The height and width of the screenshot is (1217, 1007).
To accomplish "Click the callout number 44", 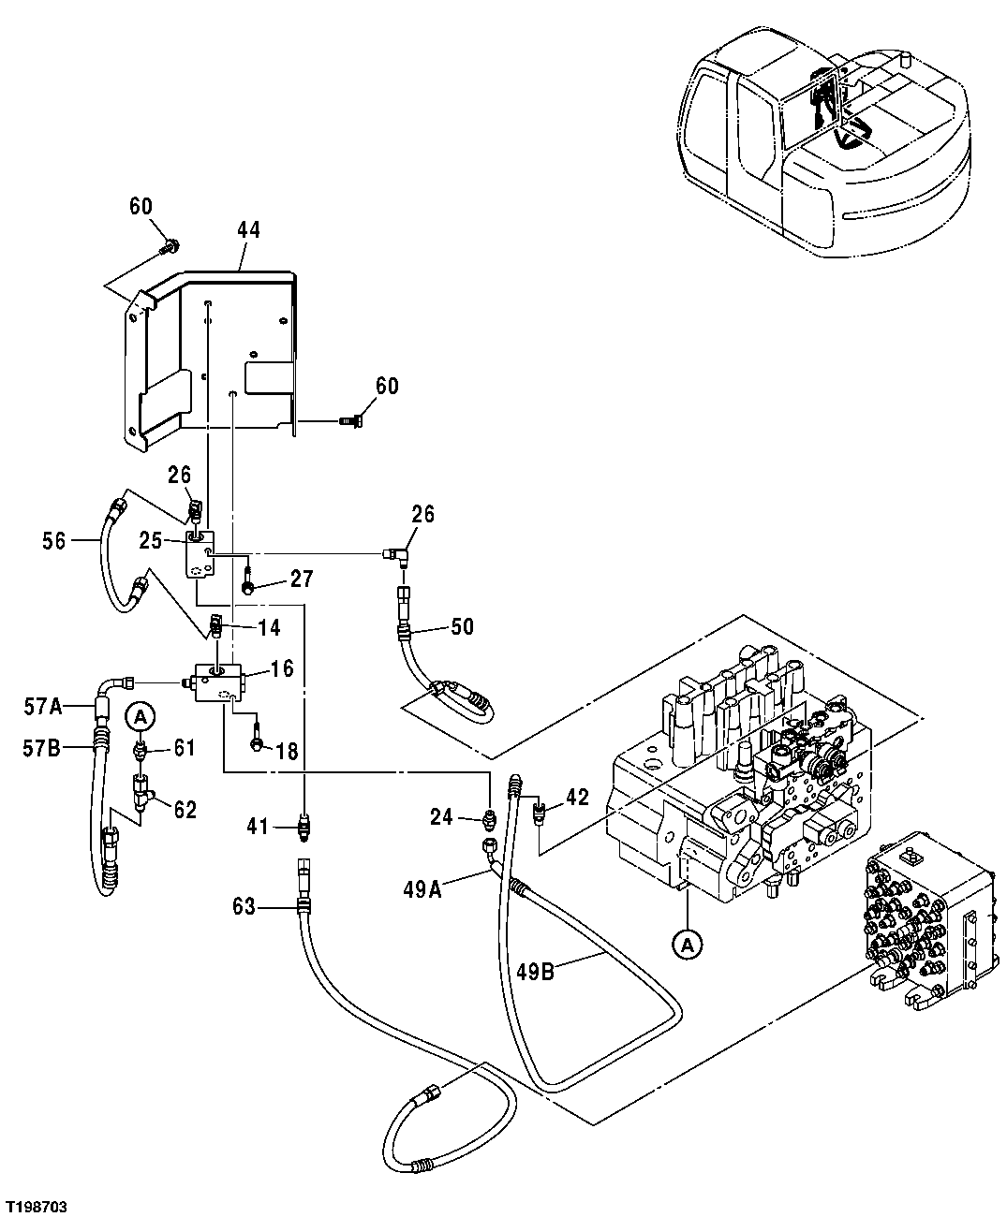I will click(x=248, y=229).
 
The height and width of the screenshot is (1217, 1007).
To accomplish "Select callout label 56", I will click(x=54, y=540).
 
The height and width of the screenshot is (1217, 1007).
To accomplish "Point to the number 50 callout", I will click(x=462, y=626).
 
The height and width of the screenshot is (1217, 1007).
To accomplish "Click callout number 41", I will click(x=258, y=827).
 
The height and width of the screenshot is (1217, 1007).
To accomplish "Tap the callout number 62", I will click(x=185, y=809).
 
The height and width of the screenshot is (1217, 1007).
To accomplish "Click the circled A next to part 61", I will click(x=140, y=717).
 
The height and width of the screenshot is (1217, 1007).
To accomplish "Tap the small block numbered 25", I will click(x=199, y=553).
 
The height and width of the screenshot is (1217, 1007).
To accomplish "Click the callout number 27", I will click(x=301, y=579).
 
